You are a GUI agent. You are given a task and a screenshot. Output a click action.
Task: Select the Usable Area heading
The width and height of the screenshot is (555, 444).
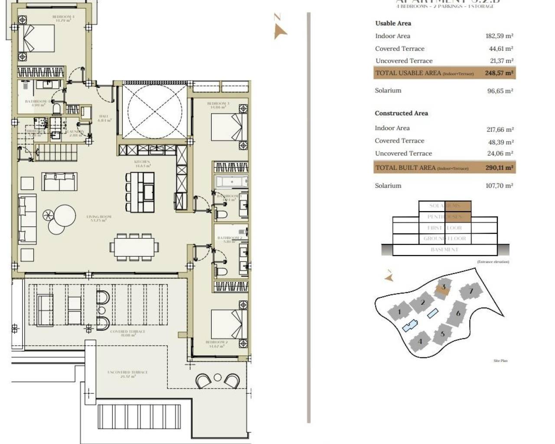tap(393, 23)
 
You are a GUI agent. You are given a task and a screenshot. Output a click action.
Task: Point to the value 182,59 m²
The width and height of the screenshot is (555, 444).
tap(499, 36)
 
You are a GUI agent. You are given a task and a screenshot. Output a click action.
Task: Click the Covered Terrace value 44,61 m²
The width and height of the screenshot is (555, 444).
tap(501, 49)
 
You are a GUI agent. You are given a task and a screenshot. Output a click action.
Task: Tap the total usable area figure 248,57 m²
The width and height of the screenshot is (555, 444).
tap(499, 73)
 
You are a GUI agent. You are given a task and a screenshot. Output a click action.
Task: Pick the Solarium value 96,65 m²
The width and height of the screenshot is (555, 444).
tap(500, 91)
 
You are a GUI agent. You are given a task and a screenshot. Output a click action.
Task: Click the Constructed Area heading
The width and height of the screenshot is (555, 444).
tap(401, 113)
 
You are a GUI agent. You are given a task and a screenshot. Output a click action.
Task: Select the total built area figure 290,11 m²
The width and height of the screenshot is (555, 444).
tap(499, 167)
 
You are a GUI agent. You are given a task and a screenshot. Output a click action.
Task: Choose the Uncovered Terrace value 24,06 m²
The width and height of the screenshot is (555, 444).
tap(500, 153)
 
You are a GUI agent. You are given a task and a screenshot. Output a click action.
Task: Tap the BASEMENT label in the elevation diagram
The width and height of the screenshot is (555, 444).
tap(444, 250)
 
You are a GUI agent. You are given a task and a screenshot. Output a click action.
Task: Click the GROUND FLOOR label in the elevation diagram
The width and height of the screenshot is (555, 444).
tap(444, 238)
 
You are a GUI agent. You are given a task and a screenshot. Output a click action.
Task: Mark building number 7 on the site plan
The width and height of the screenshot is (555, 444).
tap(471, 291)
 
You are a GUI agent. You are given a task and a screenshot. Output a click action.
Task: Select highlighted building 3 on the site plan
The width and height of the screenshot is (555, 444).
tap(443, 287)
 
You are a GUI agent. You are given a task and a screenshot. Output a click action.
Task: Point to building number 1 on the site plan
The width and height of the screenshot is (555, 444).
tap(399, 311)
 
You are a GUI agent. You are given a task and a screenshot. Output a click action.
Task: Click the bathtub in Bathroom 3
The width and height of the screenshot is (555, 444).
tap(232, 182)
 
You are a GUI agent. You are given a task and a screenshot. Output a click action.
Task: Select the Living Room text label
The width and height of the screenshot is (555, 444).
tap(99, 218)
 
